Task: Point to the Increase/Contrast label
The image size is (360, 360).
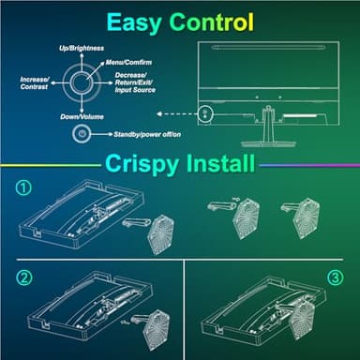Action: (x=35, y=85)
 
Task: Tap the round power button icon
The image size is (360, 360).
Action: (x=82, y=134)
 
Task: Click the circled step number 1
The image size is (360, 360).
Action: (x=25, y=187)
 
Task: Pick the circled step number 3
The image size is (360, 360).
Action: (x=336, y=277)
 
